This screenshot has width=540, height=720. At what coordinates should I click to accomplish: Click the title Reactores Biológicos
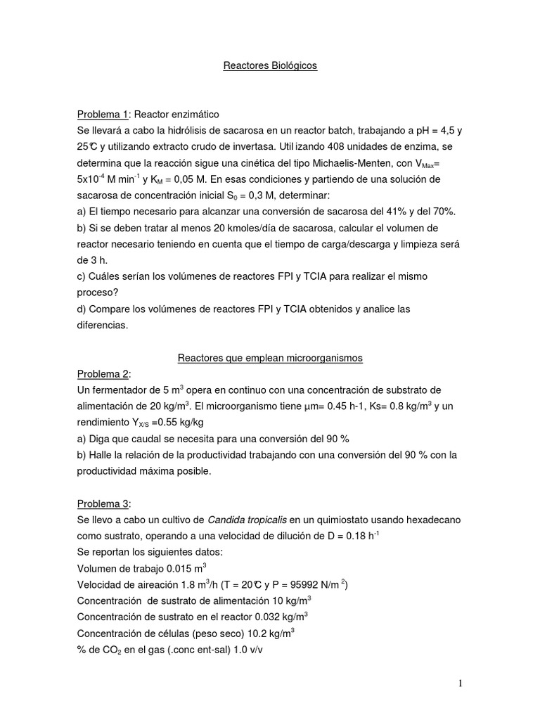click(270, 65)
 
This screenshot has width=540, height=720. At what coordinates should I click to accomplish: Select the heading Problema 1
click(103, 115)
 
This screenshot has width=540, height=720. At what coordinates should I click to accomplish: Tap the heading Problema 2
click(103, 373)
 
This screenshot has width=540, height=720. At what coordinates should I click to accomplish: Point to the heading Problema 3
click(103, 504)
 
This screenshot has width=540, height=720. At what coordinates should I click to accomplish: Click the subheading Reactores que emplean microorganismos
click(270, 358)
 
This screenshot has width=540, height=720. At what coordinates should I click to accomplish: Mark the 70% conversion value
click(444, 212)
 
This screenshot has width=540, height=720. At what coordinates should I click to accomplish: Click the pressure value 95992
click(296, 585)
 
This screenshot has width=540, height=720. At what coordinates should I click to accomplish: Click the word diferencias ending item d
click(103, 326)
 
